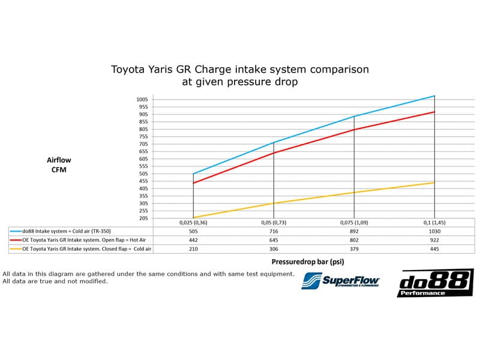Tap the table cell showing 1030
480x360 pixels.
[434, 231]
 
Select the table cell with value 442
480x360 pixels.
[193, 240]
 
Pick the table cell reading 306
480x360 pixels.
[274, 249]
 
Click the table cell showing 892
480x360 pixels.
[354, 231]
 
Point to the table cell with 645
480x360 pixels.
[274, 240]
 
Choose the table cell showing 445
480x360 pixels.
[434, 249]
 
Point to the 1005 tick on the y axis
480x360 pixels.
[142, 100]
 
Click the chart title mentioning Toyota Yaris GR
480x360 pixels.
[240, 76]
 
